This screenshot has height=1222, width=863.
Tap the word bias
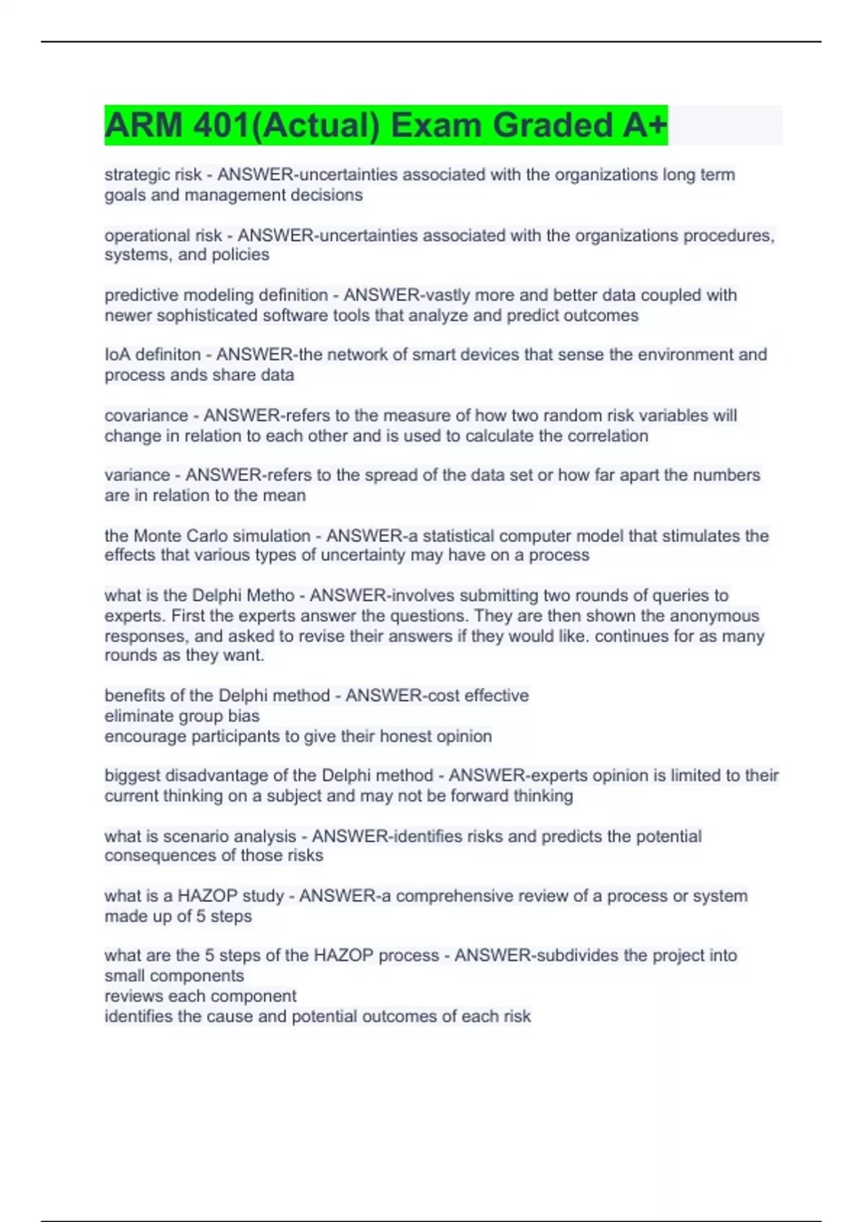pos(244,716)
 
